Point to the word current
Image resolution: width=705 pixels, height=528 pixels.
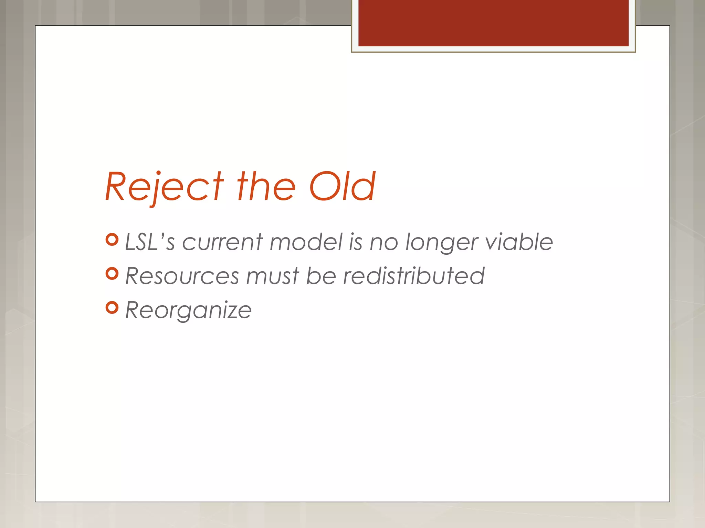[x=222, y=242]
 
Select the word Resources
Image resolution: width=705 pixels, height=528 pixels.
[x=182, y=276]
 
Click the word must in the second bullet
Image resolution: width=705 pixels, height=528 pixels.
[x=273, y=276]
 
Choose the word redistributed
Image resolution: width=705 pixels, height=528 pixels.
[x=414, y=276]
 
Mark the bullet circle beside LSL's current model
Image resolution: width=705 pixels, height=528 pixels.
[x=112, y=240]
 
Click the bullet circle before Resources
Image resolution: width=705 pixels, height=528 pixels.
[x=112, y=274]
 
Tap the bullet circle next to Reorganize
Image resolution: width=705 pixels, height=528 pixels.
[x=112, y=308]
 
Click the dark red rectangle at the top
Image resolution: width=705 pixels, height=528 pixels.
[x=493, y=23]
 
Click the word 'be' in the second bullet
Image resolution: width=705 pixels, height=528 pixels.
[x=321, y=276]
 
